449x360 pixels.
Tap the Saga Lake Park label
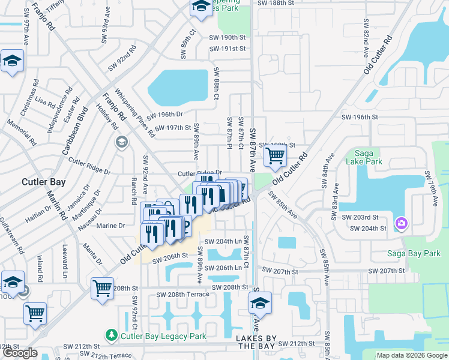click(368, 157)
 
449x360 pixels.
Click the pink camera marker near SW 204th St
click(401, 224)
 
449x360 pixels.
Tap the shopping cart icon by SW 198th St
click(274, 156)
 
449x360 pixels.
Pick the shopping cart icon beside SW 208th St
click(102, 288)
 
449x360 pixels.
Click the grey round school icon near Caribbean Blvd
click(122, 142)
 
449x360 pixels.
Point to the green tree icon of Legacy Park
click(111, 334)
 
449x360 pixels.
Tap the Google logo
click(20, 353)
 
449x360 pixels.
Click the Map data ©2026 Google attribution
click(411, 355)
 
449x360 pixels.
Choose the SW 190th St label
click(228, 37)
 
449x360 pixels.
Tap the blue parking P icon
click(185, 226)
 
